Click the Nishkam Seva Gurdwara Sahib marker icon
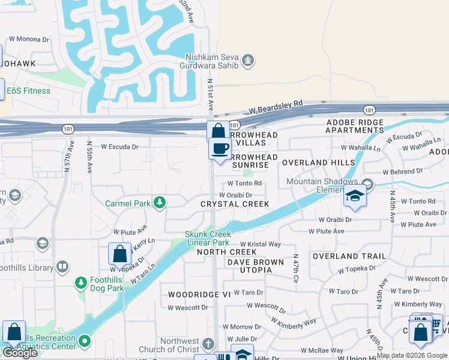247,60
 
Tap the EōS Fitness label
28,91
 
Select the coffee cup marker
220,148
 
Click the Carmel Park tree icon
160,203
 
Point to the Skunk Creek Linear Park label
207,238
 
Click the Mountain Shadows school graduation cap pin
355,197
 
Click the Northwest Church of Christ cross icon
208,344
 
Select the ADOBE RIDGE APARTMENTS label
354,126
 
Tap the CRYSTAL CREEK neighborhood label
235,204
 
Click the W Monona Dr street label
29,39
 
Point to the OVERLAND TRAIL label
349,256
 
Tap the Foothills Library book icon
62,266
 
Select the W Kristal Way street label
261,244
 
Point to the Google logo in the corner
20,353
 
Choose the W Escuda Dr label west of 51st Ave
119,146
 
